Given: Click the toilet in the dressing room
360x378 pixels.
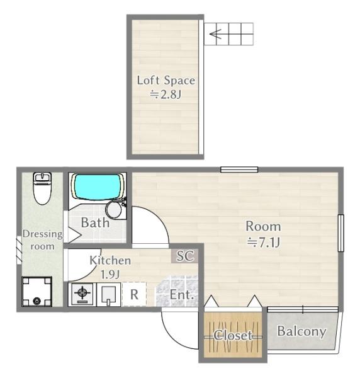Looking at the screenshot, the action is [42, 188].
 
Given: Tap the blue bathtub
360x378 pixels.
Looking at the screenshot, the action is [98, 187].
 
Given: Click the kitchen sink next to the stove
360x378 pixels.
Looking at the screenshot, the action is [108, 295].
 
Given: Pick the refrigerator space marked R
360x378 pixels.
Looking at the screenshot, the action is [134, 294].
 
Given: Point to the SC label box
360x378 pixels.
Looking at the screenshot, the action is [185, 256].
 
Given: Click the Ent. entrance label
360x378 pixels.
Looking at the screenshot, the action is [182, 295].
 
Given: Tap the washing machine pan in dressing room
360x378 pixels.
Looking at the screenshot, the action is [37, 292].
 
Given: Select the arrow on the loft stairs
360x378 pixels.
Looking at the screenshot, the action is [215, 34].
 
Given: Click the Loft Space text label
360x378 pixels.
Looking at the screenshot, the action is [166, 81].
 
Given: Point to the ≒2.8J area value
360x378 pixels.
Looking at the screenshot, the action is [166, 94].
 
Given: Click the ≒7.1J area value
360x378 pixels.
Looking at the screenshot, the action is [264, 243].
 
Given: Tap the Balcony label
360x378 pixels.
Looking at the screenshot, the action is [302, 331].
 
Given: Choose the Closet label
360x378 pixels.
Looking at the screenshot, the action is [233, 335].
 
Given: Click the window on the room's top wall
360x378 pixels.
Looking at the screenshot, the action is [239, 169].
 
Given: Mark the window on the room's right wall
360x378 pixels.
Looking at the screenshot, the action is [340, 233].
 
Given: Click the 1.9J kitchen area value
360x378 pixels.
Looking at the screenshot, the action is [110, 275].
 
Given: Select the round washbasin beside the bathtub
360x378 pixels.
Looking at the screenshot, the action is [114, 210].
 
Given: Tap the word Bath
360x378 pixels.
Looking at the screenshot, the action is [96, 222].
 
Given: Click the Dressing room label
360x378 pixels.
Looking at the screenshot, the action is [43, 240].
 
